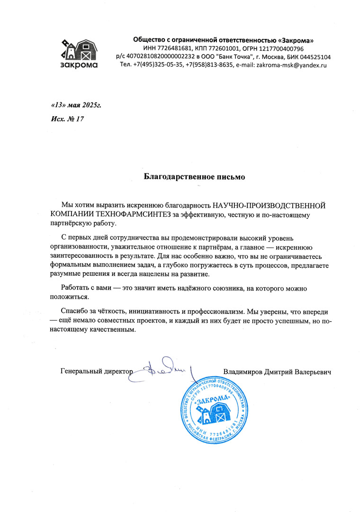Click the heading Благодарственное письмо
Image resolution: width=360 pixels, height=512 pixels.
(x=194, y=177)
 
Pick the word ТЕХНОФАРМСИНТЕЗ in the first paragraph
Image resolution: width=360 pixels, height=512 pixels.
(x=135, y=216)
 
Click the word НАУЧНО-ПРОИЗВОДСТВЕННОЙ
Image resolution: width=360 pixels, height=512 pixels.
(x=270, y=206)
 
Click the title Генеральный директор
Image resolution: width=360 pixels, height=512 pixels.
(x=96, y=371)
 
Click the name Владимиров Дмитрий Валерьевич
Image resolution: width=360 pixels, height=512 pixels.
(x=277, y=371)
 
